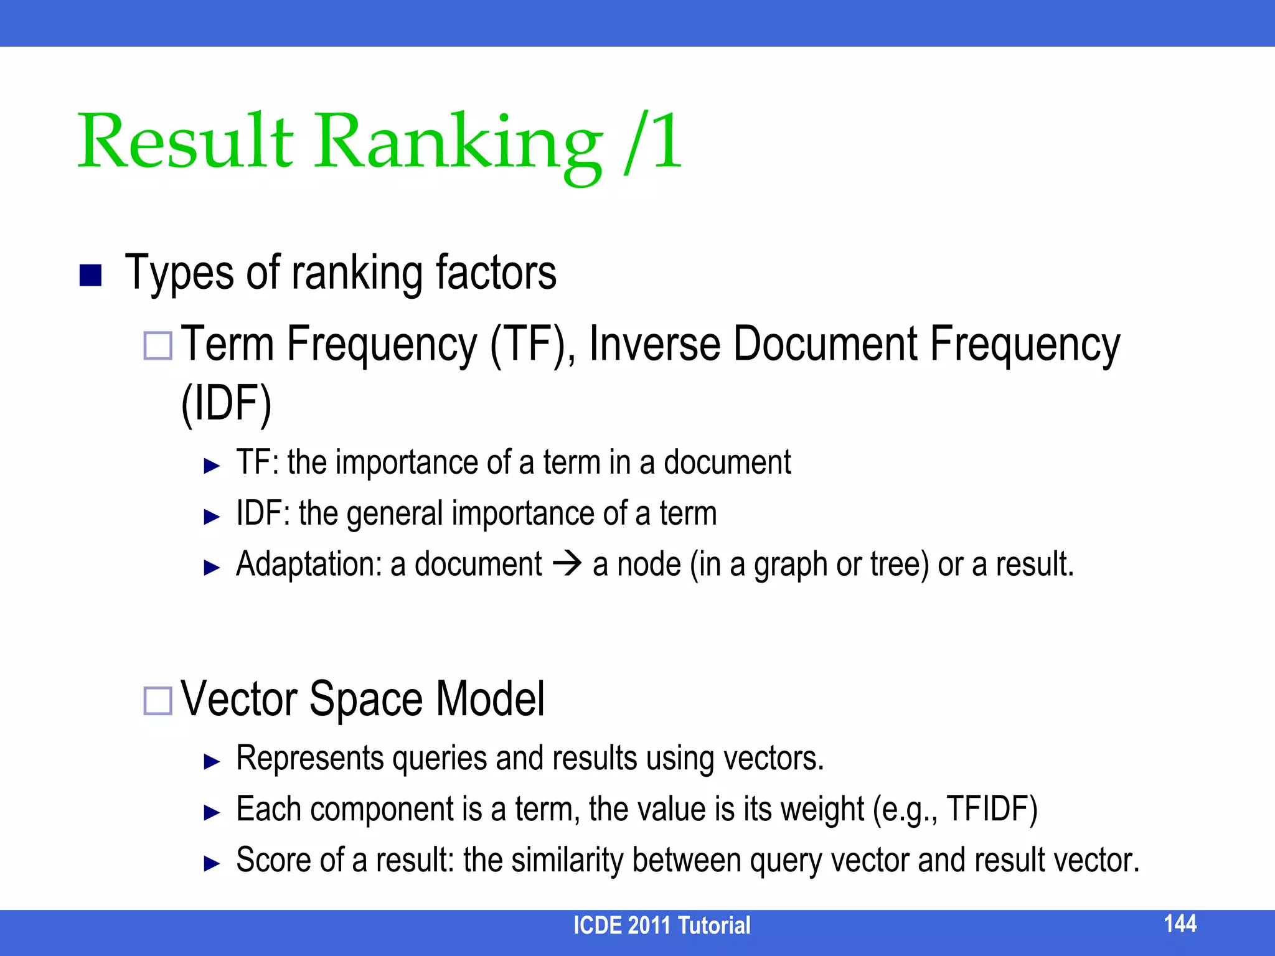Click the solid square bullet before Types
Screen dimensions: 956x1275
point(91,275)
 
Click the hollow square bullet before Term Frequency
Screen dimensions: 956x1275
point(158,346)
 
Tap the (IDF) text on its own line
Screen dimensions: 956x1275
point(227,405)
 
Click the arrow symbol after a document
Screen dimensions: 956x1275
point(567,564)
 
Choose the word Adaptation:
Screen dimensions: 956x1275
point(309,564)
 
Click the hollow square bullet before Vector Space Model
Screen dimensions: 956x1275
point(158,701)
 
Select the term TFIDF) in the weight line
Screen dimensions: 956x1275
point(991,809)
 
